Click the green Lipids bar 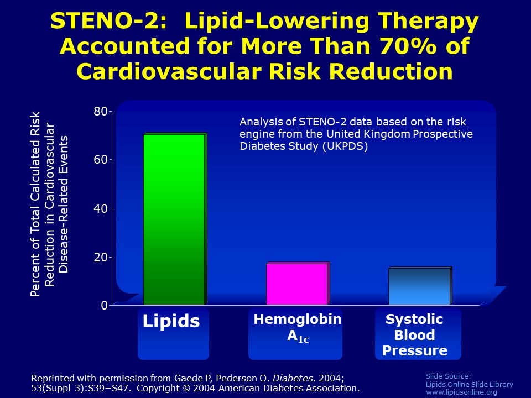(174, 219)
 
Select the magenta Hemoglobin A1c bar (297, 284)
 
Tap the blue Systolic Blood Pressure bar (419, 286)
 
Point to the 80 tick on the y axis (101, 112)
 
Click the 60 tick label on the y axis (101, 160)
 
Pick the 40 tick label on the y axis (101, 208)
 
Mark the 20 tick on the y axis (101, 257)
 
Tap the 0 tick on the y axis (103, 305)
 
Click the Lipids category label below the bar (171, 321)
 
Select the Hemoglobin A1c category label (298, 328)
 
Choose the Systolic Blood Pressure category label (415, 335)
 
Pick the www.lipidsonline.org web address (461, 392)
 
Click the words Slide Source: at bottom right (448, 376)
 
